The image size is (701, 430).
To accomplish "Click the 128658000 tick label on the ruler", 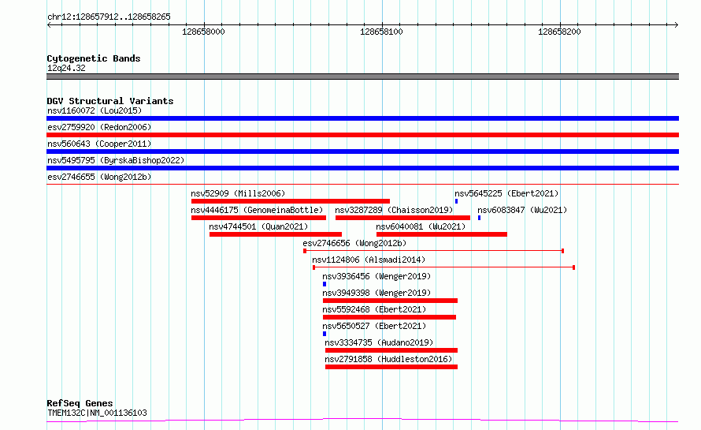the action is click(203, 32).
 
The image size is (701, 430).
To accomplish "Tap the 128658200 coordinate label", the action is click(559, 32).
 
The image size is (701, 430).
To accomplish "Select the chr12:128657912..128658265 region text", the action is click(109, 17).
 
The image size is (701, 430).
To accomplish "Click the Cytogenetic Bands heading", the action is click(94, 58).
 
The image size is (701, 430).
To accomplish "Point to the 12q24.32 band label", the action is click(66, 68).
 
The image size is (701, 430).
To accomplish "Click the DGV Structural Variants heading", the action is click(110, 101).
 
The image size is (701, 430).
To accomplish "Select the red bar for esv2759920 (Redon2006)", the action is click(362, 135).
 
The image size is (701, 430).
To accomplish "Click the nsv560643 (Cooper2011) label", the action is click(99, 144).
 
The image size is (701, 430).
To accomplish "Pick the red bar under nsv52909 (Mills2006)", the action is click(291, 201).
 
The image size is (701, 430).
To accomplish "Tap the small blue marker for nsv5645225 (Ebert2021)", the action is click(457, 201).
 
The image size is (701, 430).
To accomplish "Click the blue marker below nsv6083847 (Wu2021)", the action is click(479, 218).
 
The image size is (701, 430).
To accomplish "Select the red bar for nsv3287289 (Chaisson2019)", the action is click(402, 218).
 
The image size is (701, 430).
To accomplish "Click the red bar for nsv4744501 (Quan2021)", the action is click(276, 234).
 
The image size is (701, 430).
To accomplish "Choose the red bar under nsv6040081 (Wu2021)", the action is click(442, 234).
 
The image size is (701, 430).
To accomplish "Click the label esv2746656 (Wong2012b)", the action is click(354, 243).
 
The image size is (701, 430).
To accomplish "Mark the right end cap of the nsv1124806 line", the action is click(573, 267).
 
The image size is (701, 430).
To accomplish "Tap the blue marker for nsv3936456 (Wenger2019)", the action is click(325, 284).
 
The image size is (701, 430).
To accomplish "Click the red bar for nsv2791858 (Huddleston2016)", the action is click(391, 367).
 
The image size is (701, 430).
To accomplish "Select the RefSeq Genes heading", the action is click(80, 403).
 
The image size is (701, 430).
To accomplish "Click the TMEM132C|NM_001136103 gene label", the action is click(97, 413).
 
